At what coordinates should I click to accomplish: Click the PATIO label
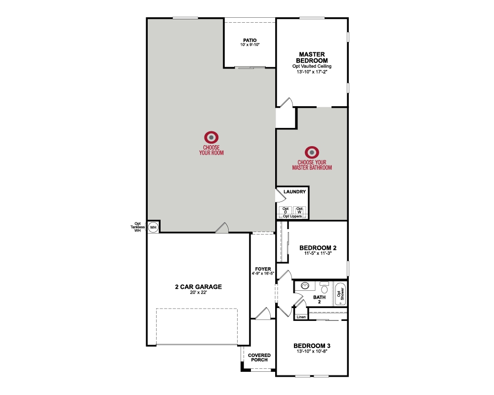click(250, 40)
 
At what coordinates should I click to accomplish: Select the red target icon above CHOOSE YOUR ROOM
click(211, 137)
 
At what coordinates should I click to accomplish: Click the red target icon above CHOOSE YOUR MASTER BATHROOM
click(311, 152)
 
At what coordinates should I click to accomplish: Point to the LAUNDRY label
click(295, 192)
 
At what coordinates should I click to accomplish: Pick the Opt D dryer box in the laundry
click(286, 210)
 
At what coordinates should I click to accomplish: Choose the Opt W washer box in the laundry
click(300, 210)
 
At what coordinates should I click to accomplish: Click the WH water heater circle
click(153, 227)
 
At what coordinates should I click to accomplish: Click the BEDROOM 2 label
click(319, 248)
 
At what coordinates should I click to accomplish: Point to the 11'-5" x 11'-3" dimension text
click(319, 254)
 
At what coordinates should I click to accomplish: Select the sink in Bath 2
click(305, 286)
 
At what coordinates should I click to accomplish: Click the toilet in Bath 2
click(324, 286)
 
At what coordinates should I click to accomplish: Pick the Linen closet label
click(301, 316)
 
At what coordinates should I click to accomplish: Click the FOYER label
click(263, 269)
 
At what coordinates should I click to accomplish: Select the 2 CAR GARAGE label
click(198, 286)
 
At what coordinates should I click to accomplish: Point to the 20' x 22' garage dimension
click(198, 293)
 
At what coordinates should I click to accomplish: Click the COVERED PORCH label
click(259, 357)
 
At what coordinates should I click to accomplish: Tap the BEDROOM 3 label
click(311, 346)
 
